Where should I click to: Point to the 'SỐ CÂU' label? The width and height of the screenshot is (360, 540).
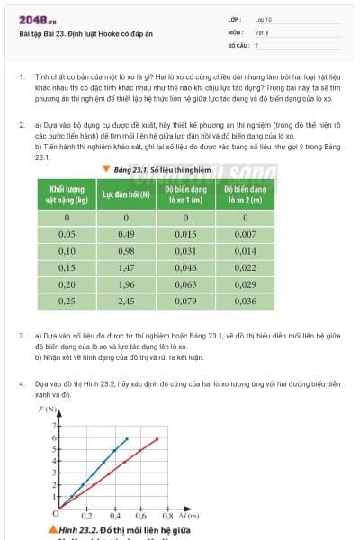(237, 44)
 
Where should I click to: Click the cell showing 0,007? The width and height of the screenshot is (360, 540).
(245, 234)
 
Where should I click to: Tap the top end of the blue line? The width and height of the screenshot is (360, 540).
(127, 438)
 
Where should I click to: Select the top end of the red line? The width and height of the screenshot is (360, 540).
(157, 438)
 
